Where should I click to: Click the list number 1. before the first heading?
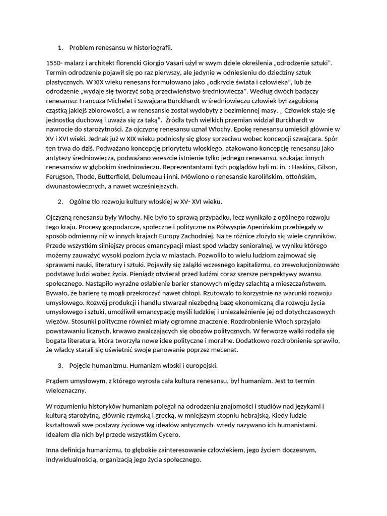[60, 48]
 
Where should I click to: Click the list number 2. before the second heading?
[60, 202]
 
